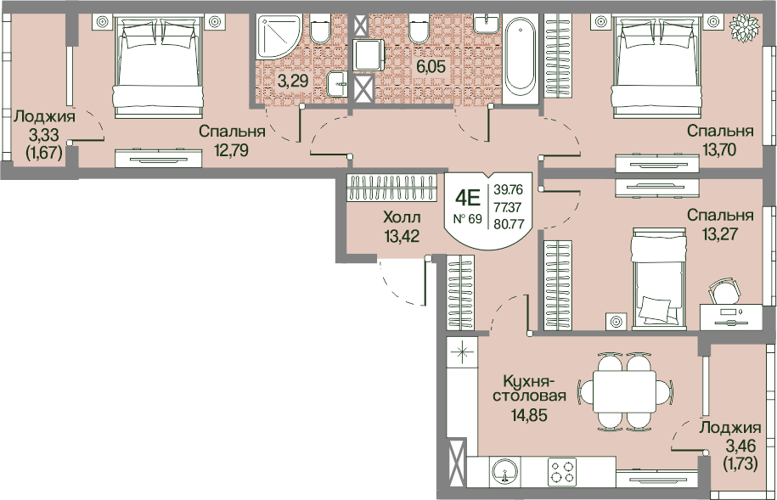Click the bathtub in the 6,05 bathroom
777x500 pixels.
(x=521, y=59)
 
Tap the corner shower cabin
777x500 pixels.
(x=279, y=37)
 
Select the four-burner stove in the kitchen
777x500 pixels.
(x=562, y=471)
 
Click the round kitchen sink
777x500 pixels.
(x=504, y=471)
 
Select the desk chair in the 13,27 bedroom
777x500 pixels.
(x=725, y=291)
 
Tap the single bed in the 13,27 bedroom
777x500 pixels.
(x=660, y=278)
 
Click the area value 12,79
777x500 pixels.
(x=232, y=149)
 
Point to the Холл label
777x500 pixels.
(x=402, y=217)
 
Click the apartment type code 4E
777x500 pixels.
(x=468, y=199)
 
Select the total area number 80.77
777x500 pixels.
(x=509, y=223)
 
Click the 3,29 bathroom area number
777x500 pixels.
(x=293, y=81)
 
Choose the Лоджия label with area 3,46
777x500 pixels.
(x=730, y=428)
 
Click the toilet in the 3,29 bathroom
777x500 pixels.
(x=319, y=28)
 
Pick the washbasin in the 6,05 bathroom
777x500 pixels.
(x=487, y=23)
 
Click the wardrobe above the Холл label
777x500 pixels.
(x=391, y=188)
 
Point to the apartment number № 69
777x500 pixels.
(x=468, y=218)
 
